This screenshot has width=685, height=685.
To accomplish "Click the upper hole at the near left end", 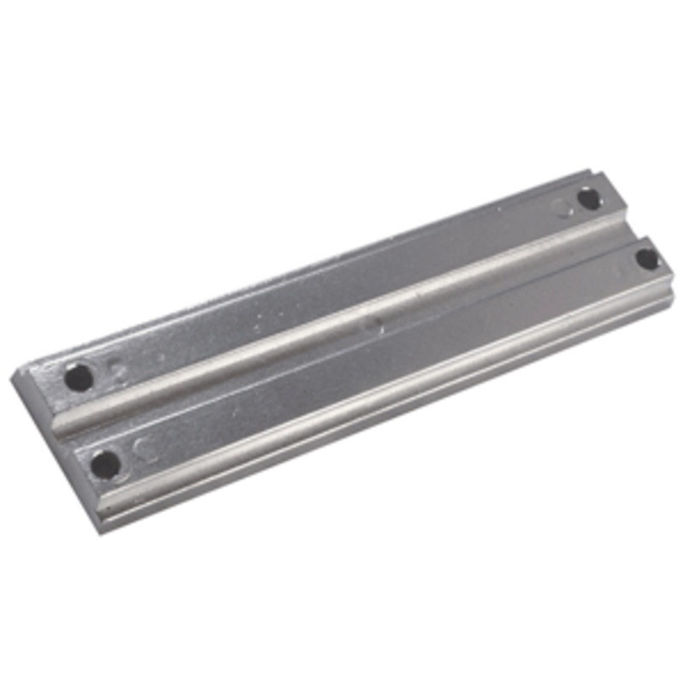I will pos(79,377).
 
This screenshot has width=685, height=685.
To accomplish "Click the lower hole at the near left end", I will pos(105,464).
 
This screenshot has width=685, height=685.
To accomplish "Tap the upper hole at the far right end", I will pos(589,199).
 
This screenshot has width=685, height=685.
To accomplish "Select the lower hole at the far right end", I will pos(647,258).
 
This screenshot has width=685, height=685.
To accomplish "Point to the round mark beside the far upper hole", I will pos(562,207).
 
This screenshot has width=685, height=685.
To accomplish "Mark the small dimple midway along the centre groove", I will pos(369,325).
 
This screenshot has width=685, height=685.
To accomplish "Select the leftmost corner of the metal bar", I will pos(13,378).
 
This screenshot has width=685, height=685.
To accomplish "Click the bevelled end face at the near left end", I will pos(51,445).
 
